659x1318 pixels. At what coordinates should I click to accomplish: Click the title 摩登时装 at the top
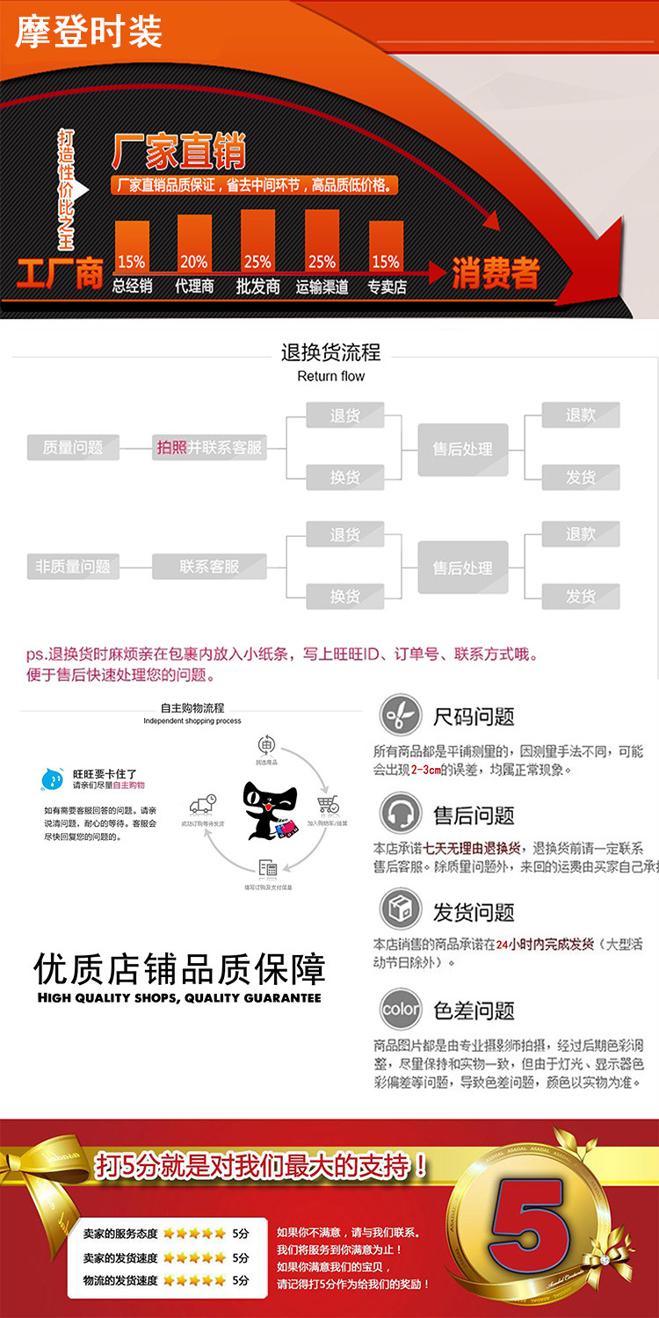[89, 32]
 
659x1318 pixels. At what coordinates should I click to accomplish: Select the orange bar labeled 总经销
[132, 247]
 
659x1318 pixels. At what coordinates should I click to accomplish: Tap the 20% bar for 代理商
[194, 243]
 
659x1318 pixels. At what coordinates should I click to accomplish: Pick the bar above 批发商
[257, 241]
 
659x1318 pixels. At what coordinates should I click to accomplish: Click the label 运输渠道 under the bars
[322, 286]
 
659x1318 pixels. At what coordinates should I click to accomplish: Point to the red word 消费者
[495, 273]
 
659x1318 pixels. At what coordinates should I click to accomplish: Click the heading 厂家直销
[178, 153]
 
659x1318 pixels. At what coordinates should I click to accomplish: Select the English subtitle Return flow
[330, 376]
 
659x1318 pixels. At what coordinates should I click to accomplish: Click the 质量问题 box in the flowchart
[73, 447]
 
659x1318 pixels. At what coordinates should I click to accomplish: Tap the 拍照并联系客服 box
[209, 447]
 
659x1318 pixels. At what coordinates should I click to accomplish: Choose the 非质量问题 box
[73, 567]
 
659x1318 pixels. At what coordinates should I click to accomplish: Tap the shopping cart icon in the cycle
[328, 807]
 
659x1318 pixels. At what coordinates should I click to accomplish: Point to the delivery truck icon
[203, 805]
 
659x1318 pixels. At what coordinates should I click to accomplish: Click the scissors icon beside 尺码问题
[400, 716]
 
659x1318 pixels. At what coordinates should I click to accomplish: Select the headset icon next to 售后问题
[400, 814]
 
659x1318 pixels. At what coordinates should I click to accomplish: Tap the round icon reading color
[400, 1010]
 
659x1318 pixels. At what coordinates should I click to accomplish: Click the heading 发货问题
[473, 912]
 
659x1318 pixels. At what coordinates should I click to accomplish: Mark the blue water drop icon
[54, 778]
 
